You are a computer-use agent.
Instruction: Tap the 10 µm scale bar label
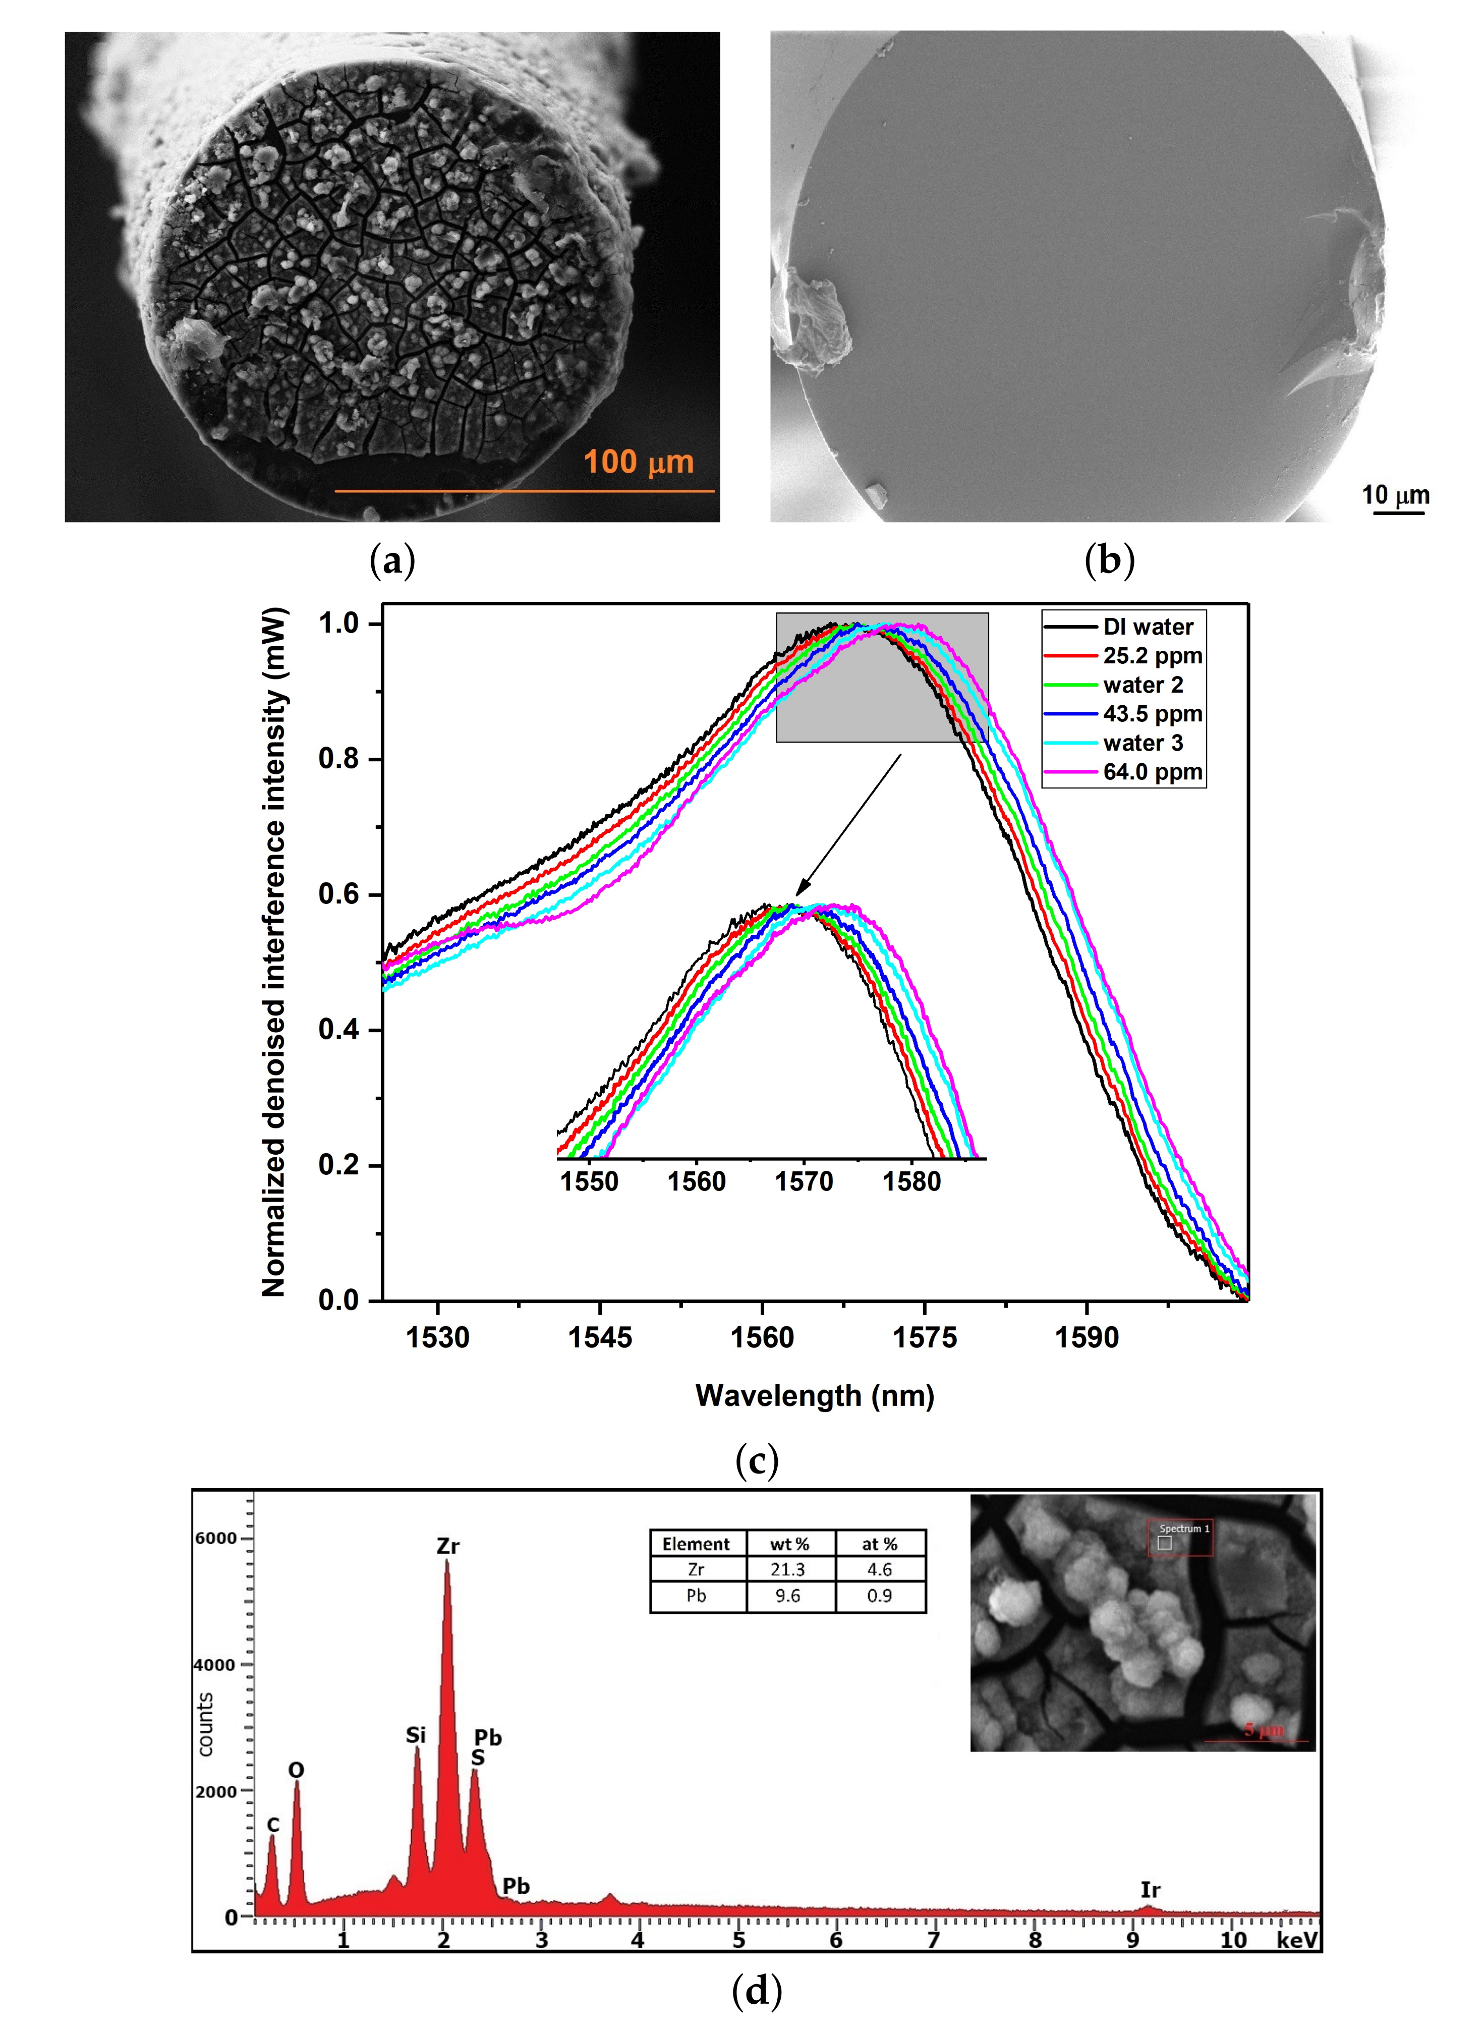tap(1395, 495)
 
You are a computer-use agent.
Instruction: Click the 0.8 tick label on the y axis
tap(338, 759)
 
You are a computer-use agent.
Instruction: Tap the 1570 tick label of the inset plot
tap(804, 1181)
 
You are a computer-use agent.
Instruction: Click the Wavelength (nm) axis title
tap(815, 1395)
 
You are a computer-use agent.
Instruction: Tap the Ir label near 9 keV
tap(1150, 1889)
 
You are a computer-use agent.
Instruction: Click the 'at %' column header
tap(879, 1544)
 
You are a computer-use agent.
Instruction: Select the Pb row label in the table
tap(696, 1596)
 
